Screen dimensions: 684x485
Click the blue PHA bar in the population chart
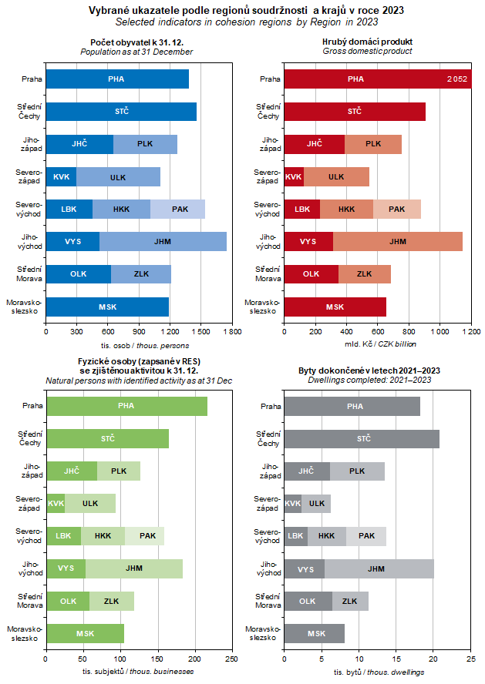click(117, 79)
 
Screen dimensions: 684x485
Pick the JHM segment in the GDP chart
click(398, 241)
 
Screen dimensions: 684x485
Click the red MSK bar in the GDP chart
click(335, 307)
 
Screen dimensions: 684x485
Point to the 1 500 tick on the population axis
click(200, 331)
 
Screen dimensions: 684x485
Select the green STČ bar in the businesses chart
click(107, 438)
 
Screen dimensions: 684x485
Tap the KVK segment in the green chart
click(56, 503)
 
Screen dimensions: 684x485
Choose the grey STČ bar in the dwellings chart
click(362, 438)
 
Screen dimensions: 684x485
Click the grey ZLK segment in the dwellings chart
click(350, 601)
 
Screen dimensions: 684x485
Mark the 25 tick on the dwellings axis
click(472, 659)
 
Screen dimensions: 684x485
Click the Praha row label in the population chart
click(32, 79)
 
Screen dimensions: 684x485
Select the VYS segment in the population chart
click(73, 241)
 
